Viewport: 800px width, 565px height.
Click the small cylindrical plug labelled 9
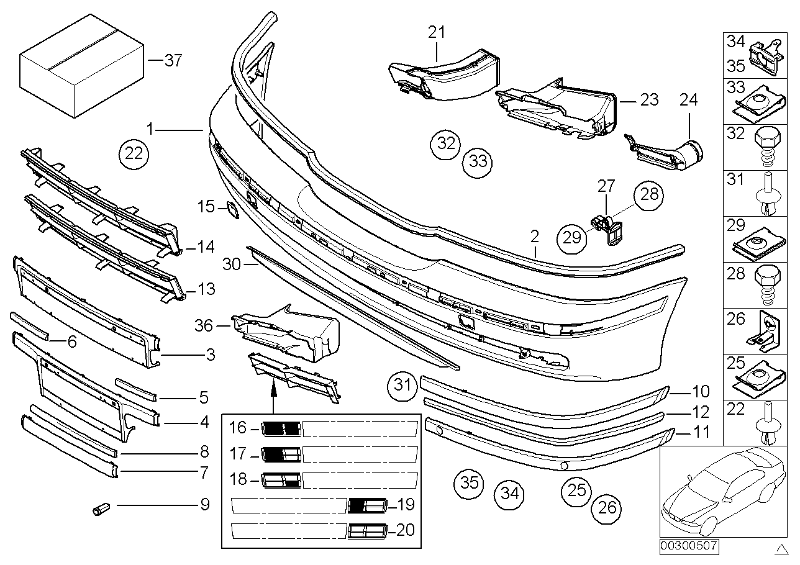[x=99, y=510]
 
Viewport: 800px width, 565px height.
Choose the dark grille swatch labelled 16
[x=281, y=428]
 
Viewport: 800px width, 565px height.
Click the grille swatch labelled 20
[x=367, y=531]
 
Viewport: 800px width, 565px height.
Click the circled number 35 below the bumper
[x=470, y=482]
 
